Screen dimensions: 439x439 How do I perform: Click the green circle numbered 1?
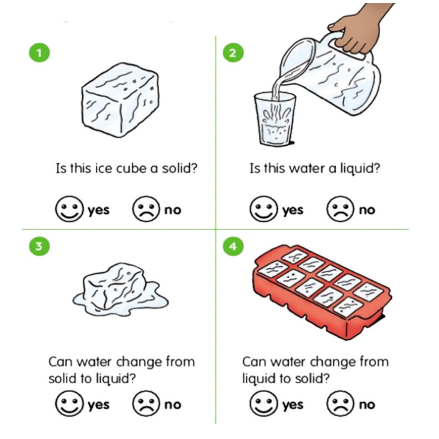[39, 52]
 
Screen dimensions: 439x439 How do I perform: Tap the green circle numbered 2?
[233, 52]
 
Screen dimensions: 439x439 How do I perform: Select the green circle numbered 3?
[39, 246]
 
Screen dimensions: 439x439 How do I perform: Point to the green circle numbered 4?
[233, 246]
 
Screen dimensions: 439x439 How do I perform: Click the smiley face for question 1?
[69, 209]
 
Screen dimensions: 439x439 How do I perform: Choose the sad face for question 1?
[146, 209]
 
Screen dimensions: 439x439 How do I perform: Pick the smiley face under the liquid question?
[263, 209]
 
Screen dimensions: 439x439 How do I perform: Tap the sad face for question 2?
[340, 209]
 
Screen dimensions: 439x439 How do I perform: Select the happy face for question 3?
[69, 404]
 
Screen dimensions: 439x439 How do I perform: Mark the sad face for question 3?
[146, 404]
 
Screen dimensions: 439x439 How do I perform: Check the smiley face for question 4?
[263, 404]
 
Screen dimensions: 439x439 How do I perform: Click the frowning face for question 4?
[340, 404]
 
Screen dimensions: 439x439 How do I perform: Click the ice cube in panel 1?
[120, 100]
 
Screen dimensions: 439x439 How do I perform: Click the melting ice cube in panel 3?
[120, 289]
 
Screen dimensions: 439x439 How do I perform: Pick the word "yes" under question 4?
[292, 405]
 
